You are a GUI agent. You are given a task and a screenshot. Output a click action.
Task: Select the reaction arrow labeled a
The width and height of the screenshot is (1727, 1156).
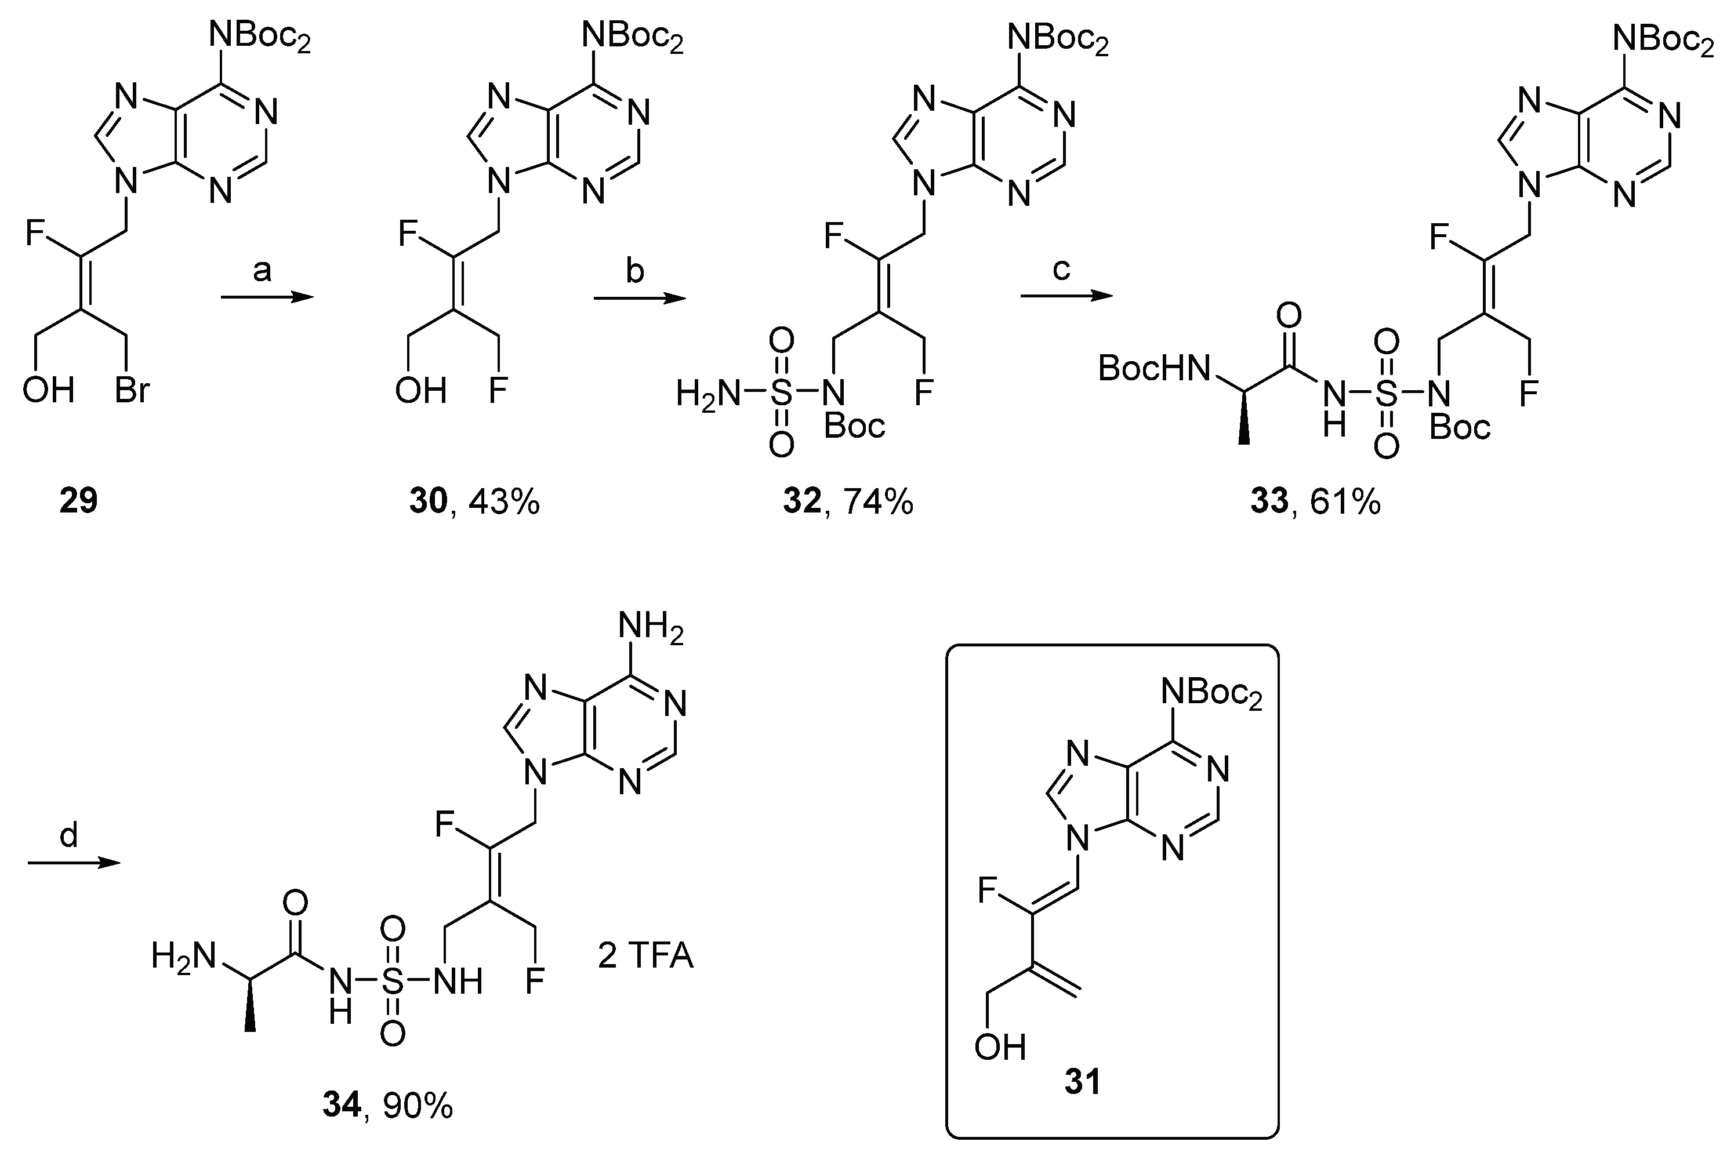(x=267, y=297)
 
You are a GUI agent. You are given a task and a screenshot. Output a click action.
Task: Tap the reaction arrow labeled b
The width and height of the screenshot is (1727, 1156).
(x=639, y=298)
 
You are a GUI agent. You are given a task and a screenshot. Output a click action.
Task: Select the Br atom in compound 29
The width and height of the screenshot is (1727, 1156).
(x=133, y=388)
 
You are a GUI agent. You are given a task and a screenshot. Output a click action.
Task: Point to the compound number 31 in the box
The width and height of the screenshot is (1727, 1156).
(x=1083, y=1082)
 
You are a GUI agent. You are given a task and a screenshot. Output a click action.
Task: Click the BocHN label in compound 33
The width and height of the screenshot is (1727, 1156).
(x=1154, y=369)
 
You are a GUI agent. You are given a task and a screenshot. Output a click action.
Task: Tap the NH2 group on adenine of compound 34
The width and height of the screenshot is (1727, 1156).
(x=651, y=628)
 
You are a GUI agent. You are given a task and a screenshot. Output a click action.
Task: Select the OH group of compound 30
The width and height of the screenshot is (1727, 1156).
(x=421, y=388)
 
